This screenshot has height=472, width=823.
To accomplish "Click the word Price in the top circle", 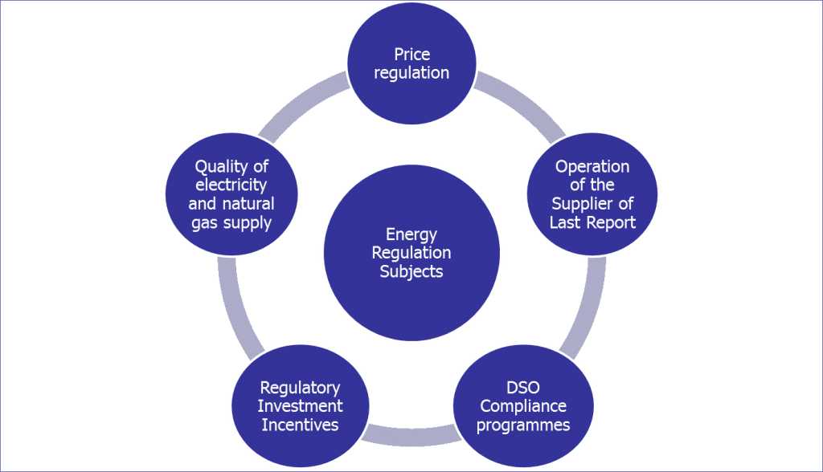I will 411,55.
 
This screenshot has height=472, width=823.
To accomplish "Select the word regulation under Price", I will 411,73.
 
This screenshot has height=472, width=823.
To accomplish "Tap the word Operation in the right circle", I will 592,167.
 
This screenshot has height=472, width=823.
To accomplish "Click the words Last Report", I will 592,222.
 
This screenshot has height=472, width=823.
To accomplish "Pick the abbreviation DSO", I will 523,388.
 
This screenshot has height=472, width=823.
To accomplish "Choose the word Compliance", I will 523,406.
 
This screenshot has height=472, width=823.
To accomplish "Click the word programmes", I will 523,425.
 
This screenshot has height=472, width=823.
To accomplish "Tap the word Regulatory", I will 300,388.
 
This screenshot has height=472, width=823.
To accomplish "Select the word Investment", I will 300,406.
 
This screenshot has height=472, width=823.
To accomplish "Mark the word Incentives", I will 300,425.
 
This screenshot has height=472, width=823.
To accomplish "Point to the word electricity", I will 231,185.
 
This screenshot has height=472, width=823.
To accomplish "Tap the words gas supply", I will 231,222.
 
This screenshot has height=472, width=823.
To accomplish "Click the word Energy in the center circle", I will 411,234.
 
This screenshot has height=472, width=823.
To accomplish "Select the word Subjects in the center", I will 411,271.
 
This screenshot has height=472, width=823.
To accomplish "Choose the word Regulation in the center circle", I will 411,253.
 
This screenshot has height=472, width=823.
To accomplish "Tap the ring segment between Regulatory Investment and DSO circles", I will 411,436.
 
